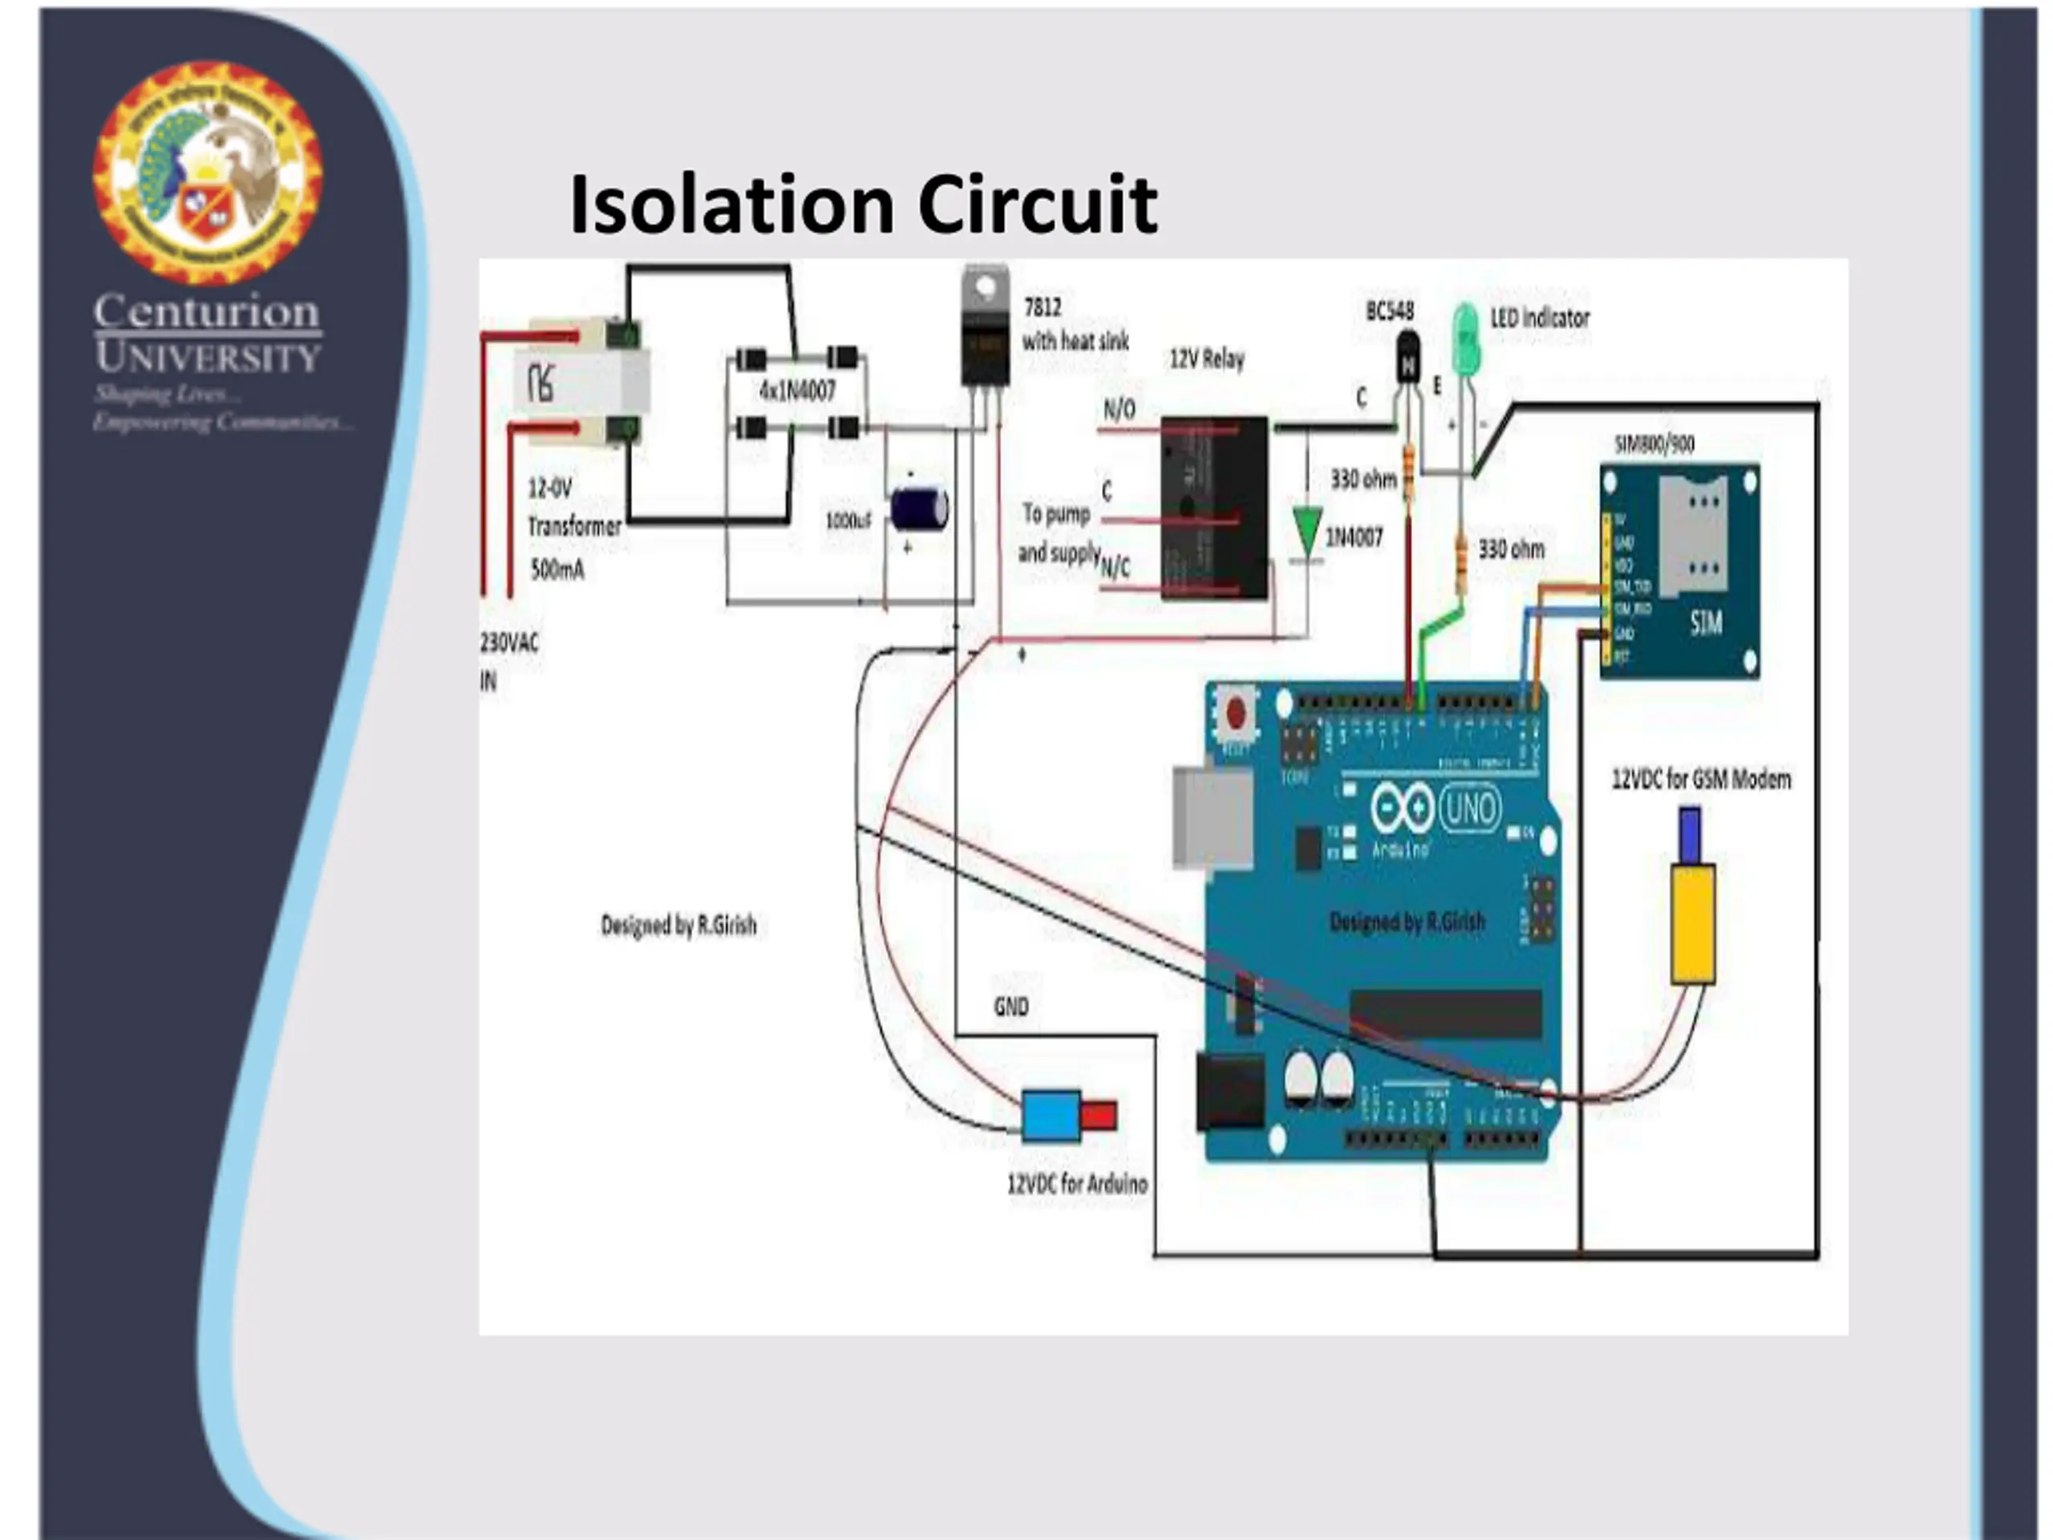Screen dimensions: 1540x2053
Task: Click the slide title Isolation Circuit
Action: coord(863,205)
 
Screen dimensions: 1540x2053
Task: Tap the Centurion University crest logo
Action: coord(207,172)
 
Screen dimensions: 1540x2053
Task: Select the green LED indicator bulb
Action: coord(1465,338)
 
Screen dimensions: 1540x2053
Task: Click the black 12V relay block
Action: coord(1214,507)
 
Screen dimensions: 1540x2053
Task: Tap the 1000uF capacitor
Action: coord(919,509)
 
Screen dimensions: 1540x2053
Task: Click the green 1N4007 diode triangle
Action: coord(1307,532)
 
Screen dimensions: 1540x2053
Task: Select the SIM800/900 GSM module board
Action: coord(1679,571)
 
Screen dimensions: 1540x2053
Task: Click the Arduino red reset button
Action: coord(1235,713)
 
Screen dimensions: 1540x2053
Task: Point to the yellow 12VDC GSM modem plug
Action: coord(1693,924)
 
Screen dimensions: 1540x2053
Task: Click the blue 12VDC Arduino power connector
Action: coord(1051,1115)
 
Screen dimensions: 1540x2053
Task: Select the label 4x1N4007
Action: coord(797,391)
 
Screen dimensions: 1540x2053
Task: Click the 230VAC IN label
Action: coord(508,661)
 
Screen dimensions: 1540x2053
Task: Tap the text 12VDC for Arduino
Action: coord(1076,1185)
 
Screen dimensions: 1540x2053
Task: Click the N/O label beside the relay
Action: coord(1119,409)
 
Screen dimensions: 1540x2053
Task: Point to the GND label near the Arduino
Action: coord(1010,1007)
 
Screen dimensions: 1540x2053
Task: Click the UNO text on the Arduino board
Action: coord(1469,808)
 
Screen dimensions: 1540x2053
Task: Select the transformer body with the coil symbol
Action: coord(583,383)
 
